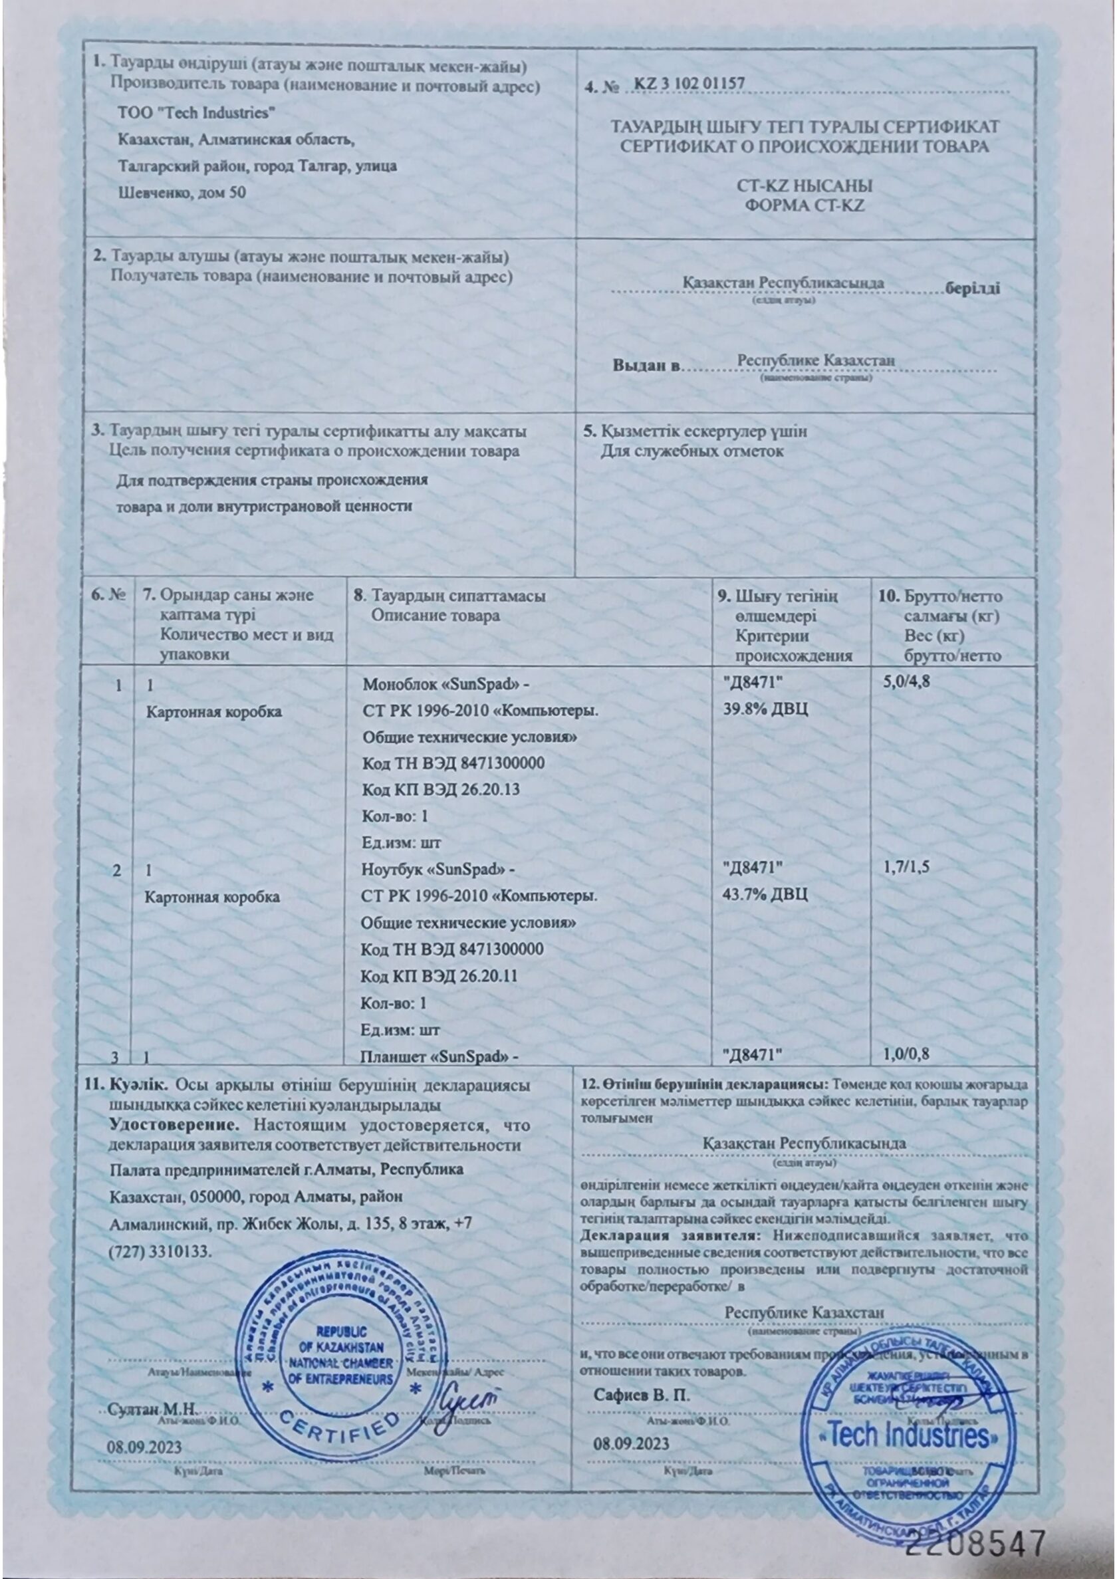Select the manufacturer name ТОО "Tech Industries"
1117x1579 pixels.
197,112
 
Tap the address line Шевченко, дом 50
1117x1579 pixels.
182,193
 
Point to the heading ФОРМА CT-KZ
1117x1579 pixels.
804,205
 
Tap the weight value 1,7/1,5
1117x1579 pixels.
906,868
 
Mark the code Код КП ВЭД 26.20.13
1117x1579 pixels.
440,790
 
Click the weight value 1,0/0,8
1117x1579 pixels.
906,1053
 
